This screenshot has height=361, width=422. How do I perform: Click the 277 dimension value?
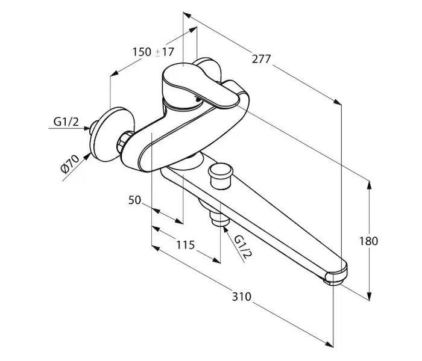[x=262, y=59]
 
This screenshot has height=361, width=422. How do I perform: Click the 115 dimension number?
[x=186, y=244]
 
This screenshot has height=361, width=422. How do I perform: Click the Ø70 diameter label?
[x=71, y=164]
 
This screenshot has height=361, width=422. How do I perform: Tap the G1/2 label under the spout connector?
[x=242, y=247]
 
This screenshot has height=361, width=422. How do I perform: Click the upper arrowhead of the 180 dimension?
[x=369, y=185]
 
